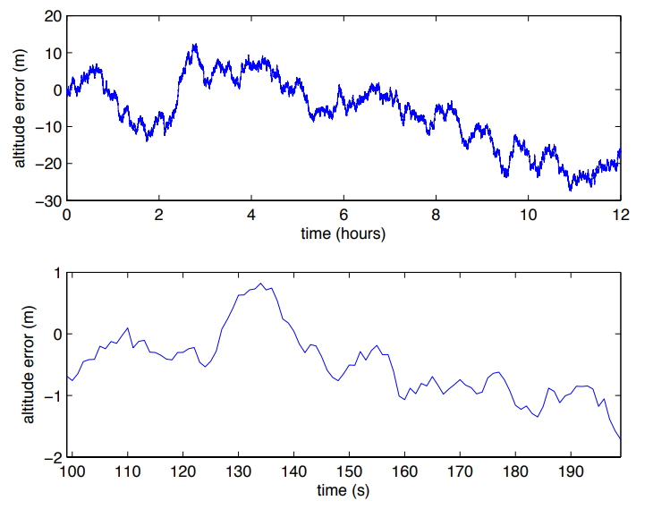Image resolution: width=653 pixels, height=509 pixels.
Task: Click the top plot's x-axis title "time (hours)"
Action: point(343,234)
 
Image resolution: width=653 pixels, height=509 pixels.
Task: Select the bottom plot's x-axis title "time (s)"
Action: point(343,490)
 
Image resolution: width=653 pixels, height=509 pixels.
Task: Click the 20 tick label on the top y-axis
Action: point(52,16)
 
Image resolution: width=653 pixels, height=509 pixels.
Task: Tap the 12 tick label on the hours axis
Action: point(620,216)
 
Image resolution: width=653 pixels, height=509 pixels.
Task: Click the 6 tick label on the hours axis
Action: point(343,216)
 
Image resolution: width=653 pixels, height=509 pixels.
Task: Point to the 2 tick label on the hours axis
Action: point(159,216)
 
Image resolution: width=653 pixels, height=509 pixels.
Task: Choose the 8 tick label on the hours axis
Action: point(436,216)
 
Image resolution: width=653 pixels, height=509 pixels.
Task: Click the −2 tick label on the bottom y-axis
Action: point(52,456)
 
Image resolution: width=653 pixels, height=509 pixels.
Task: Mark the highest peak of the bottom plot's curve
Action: point(260,284)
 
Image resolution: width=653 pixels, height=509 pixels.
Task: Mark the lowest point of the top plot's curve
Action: point(571,190)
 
